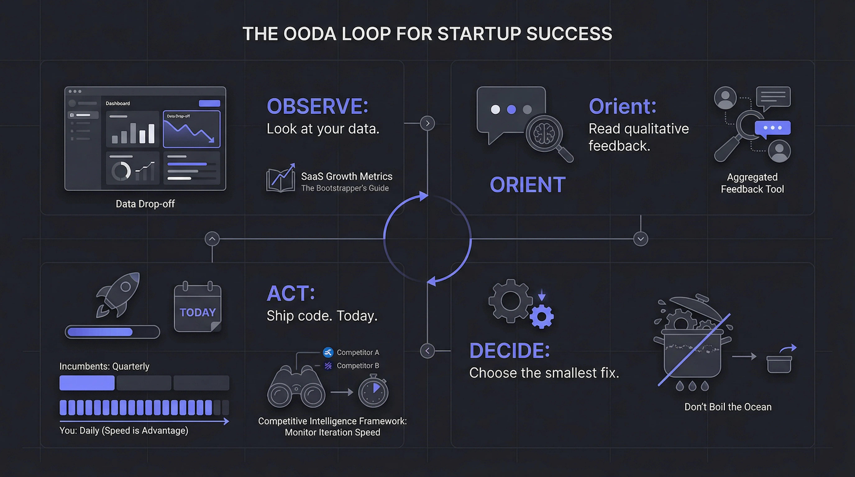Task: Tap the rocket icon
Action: click(119, 295)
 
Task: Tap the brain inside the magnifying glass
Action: click(544, 133)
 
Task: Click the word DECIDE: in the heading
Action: click(510, 351)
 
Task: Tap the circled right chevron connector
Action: click(428, 123)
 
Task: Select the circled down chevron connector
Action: click(641, 239)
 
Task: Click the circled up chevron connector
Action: click(212, 239)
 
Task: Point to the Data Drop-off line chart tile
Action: click(192, 129)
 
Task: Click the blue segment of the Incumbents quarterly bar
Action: click(87, 383)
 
